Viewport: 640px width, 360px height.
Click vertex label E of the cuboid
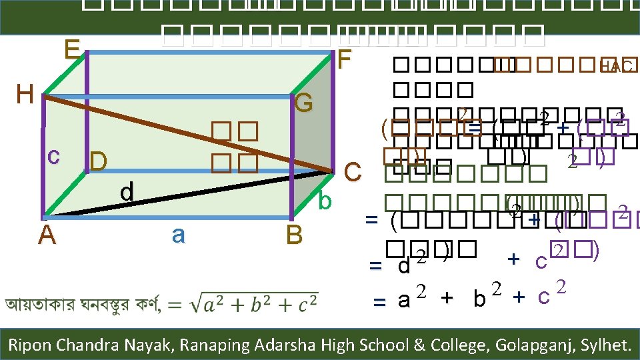point(72,50)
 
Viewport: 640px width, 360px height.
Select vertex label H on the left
point(25,95)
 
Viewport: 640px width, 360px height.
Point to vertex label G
point(303,103)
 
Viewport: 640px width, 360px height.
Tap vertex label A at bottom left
point(46,235)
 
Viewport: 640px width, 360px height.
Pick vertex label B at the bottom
point(293,235)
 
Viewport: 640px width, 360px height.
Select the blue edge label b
point(325,200)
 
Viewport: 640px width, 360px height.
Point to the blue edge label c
point(54,155)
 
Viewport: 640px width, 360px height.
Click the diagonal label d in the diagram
point(127,192)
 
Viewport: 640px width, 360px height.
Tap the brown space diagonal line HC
point(187,133)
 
